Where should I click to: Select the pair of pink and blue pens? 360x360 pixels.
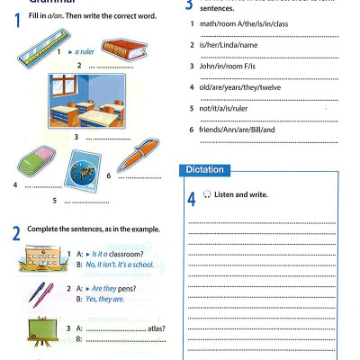click(38, 292)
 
